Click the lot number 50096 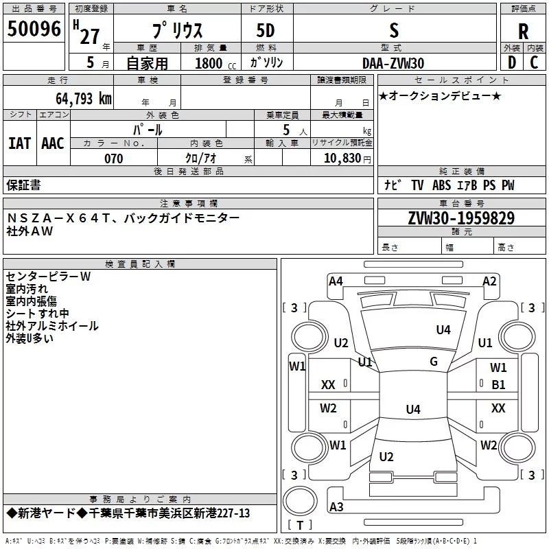point(34,29)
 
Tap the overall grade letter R point(523,32)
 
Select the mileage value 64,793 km point(84,98)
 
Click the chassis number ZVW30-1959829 point(461,218)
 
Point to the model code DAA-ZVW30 point(393,63)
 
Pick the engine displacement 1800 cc point(215,63)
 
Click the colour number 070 point(114,159)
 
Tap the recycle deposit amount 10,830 point(342,159)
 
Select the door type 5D point(266,31)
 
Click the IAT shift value point(20,143)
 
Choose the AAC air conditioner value point(53,143)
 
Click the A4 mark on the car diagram point(336,281)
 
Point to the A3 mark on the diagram point(336,506)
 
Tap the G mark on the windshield point(434,361)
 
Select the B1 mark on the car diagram point(498,385)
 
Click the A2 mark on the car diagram point(489,281)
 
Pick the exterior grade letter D point(512,62)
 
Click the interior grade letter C point(534,62)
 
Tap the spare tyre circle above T point(300,501)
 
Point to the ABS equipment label point(441,185)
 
